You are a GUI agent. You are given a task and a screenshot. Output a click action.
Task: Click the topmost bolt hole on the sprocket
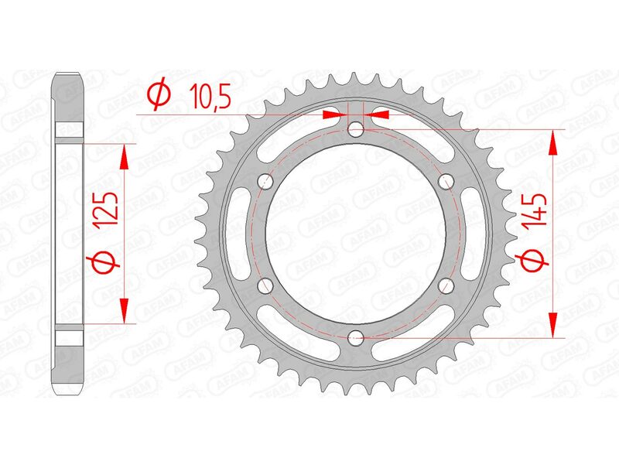[x=355, y=128]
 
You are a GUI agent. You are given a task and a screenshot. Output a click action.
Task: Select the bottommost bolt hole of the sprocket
[x=355, y=337]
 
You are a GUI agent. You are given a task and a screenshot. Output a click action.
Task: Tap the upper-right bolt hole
[x=445, y=181]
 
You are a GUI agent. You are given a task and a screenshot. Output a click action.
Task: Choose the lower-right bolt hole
[x=445, y=285]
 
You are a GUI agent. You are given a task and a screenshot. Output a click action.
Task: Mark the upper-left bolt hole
[x=265, y=181]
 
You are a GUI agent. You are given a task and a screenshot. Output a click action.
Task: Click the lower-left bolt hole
[x=265, y=285]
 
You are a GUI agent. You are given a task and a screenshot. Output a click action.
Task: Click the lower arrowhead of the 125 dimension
[x=123, y=309]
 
